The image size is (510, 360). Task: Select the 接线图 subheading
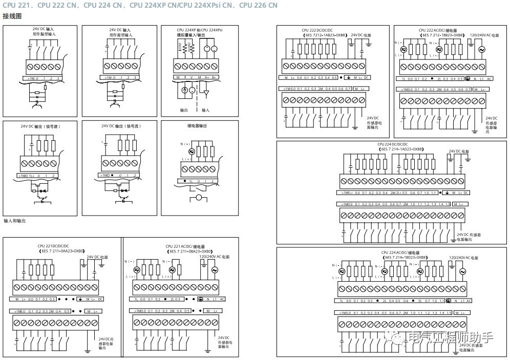(12, 16)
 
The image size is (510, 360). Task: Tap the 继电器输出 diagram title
(197, 125)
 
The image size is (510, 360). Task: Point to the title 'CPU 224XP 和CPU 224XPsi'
(200, 30)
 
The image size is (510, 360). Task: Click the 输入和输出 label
(14, 221)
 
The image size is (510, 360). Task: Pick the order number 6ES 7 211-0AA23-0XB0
(61, 251)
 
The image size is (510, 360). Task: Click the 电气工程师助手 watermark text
(451, 337)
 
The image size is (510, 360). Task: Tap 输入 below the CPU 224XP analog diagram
(205, 110)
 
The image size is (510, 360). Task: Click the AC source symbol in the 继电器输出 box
(192, 152)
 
